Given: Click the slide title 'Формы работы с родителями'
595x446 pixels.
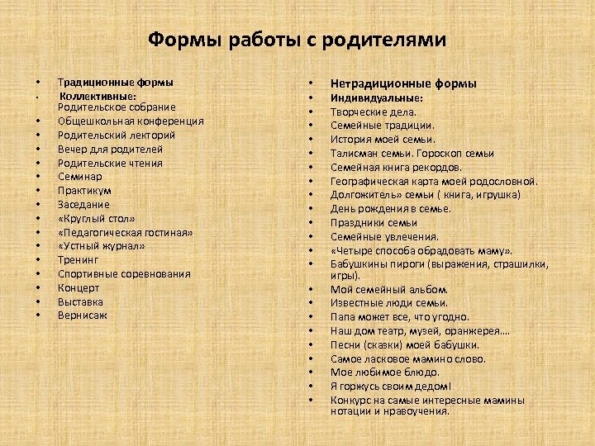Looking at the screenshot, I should pos(297,40).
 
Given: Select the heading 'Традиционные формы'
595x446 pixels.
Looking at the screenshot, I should pos(116,83).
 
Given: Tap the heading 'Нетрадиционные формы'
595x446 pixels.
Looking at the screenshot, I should pos(403,83).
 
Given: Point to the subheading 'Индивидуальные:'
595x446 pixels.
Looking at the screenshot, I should pos(377,97).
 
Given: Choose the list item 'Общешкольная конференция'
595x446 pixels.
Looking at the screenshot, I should pos(131,121).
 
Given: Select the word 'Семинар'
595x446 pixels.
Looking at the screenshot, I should pos(80,177).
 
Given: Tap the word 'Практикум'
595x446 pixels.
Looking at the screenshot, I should pos(84,191).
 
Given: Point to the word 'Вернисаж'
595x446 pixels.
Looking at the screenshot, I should pos(82,316).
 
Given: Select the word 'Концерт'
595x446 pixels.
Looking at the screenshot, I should pos(79,287).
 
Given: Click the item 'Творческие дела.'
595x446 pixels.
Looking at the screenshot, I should pos(374,111).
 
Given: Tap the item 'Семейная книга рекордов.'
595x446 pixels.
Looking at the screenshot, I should pos(396,167).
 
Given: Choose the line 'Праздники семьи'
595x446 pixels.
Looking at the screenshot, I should pos(374,223).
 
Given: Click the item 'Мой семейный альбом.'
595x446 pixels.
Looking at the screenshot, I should pos(389,290).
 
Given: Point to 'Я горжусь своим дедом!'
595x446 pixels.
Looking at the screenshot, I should pos(391,387).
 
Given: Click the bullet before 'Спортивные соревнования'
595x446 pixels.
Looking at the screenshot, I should pos(38,274).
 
